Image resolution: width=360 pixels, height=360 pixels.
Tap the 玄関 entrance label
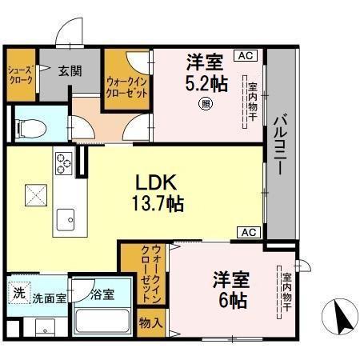pos(70,71)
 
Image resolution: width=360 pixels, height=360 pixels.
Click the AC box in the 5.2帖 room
pos(244,55)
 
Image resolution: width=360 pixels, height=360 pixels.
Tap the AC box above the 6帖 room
pos(246,232)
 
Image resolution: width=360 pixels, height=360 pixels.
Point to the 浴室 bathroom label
pos(102,294)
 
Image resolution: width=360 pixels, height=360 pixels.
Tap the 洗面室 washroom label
pos(49,298)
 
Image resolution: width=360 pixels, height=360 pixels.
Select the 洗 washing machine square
pos(18,293)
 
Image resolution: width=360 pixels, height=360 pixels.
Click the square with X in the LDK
pos(34,194)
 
